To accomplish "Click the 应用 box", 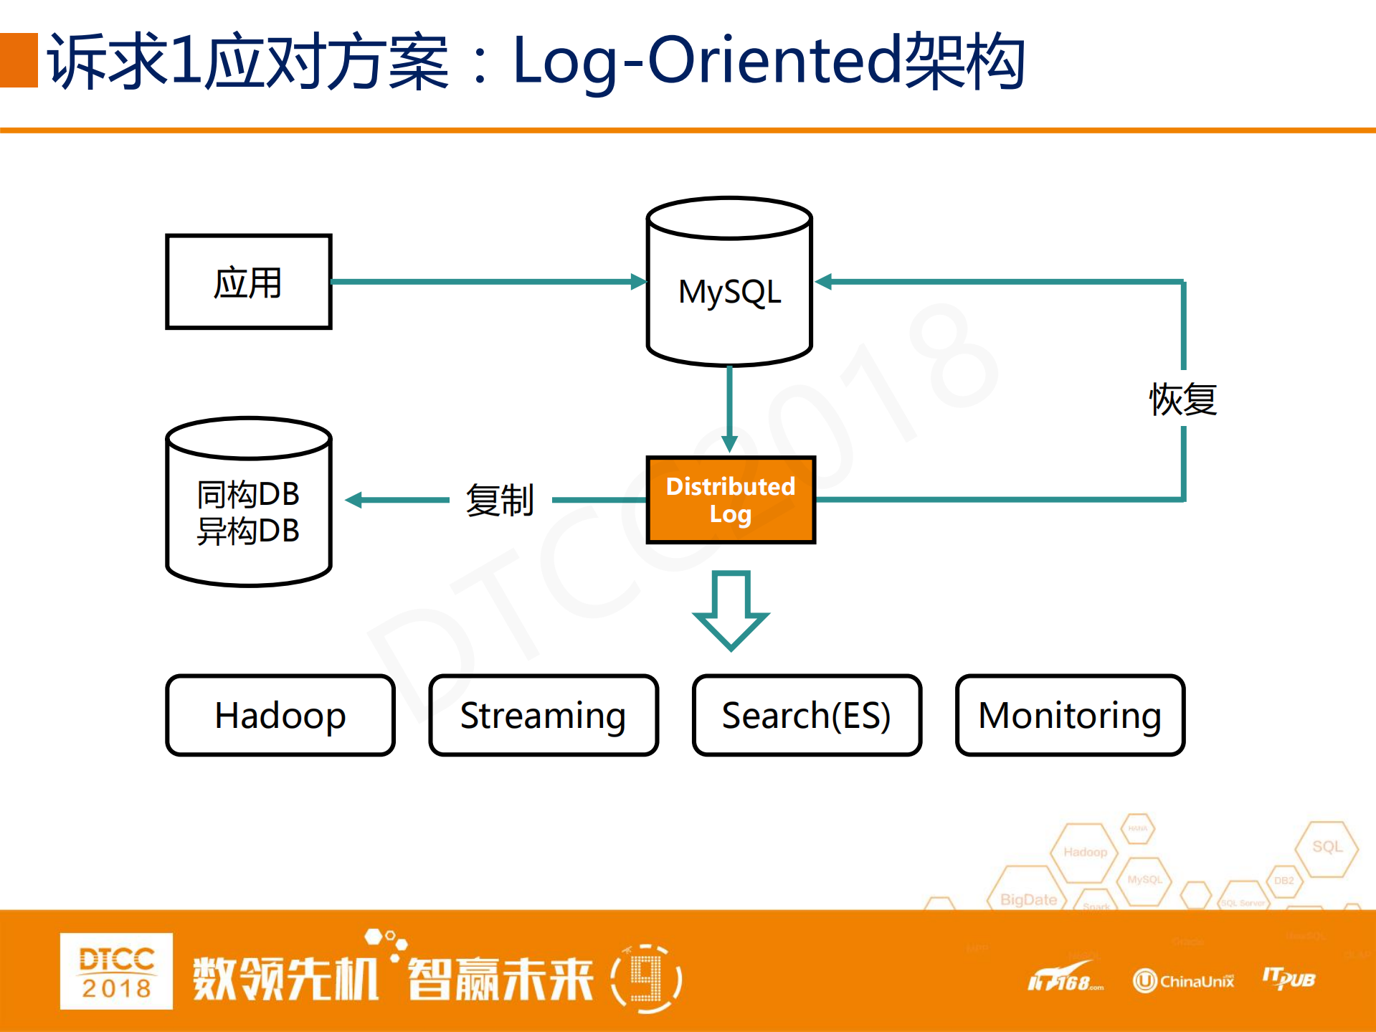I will coord(248,282).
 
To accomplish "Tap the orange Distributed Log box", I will coord(731,500).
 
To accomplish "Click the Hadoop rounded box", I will coord(280,715).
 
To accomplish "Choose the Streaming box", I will coord(544,715).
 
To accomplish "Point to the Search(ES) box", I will coord(807,715).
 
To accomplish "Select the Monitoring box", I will coord(1070,715).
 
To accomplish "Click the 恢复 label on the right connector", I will coord(1183,399).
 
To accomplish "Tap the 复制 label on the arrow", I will coord(500,500).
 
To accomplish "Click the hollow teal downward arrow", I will coord(731,610).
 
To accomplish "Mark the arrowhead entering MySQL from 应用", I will coord(638,282).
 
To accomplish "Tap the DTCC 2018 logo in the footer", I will coord(116,971).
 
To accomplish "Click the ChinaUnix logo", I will coord(1183,980).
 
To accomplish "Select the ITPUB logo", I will coord(1289,978).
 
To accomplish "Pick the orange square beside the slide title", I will coord(19,60).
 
